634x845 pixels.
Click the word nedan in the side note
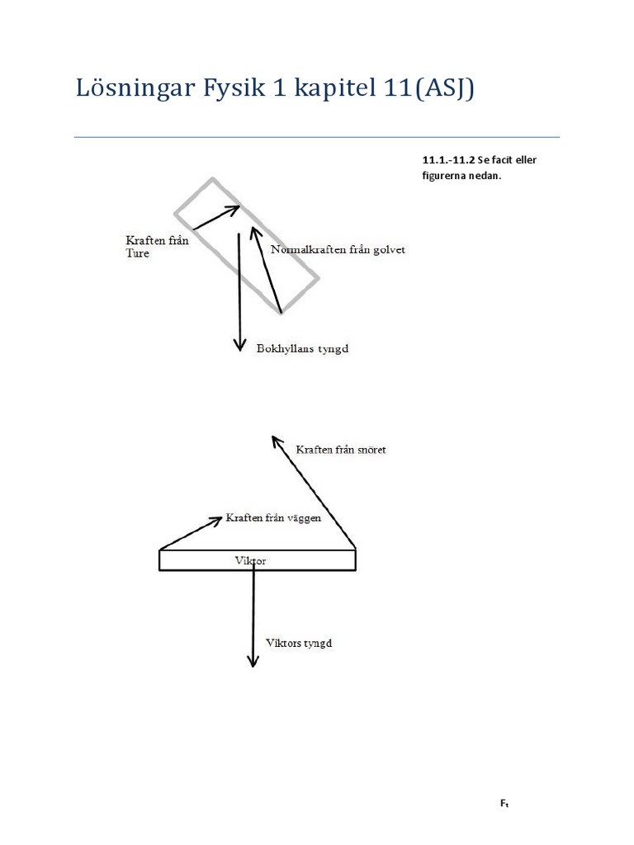[485, 175]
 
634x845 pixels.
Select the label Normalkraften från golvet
[338, 250]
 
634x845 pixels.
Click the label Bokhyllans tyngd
[303, 349]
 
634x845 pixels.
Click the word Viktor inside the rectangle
[251, 560]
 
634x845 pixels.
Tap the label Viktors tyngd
[299, 643]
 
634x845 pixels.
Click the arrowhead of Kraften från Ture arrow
[234, 208]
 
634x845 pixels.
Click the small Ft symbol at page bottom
[504, 803]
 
